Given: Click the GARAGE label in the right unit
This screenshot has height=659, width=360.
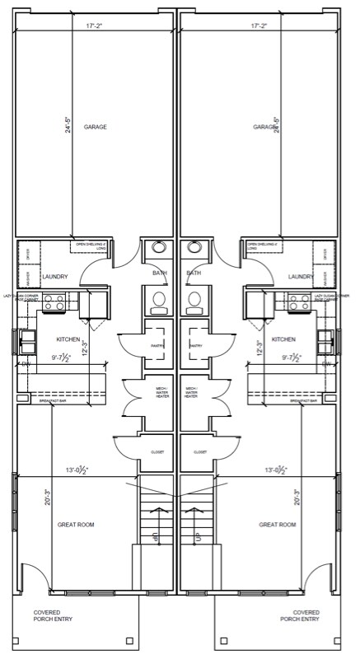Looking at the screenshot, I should (264, 127).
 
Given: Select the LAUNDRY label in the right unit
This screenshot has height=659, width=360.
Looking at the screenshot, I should (301, 277).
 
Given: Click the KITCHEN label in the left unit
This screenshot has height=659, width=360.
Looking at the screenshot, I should (68, 339).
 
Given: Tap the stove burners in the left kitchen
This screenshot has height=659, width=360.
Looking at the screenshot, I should (54, 303).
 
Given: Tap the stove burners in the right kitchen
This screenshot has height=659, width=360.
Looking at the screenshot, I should (301, 303).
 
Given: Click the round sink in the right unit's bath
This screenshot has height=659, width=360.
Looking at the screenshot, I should (194, 246).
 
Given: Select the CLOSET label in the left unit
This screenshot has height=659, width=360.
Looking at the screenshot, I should (157, 452).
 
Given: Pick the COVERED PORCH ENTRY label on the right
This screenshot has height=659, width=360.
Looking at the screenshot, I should (306, 617).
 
